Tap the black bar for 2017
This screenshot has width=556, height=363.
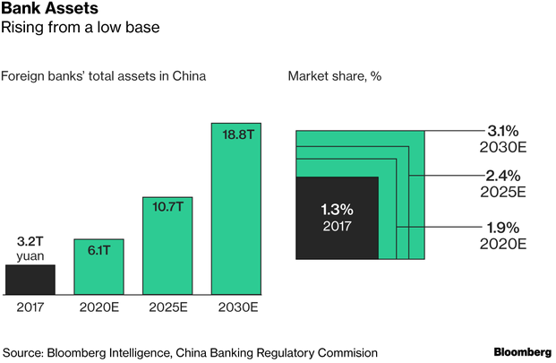(30, 279)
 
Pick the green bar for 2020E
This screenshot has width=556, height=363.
(98, 266)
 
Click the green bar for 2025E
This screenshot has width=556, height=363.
(167, 246)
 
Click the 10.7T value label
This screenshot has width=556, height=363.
(167, 208)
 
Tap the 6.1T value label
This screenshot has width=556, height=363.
(98, 250)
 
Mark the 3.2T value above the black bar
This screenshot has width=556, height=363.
(30, 241)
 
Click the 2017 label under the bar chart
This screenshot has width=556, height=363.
(30, 308)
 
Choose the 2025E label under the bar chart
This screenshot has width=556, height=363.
(167, 308)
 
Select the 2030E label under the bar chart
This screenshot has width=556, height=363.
(236, 308)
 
